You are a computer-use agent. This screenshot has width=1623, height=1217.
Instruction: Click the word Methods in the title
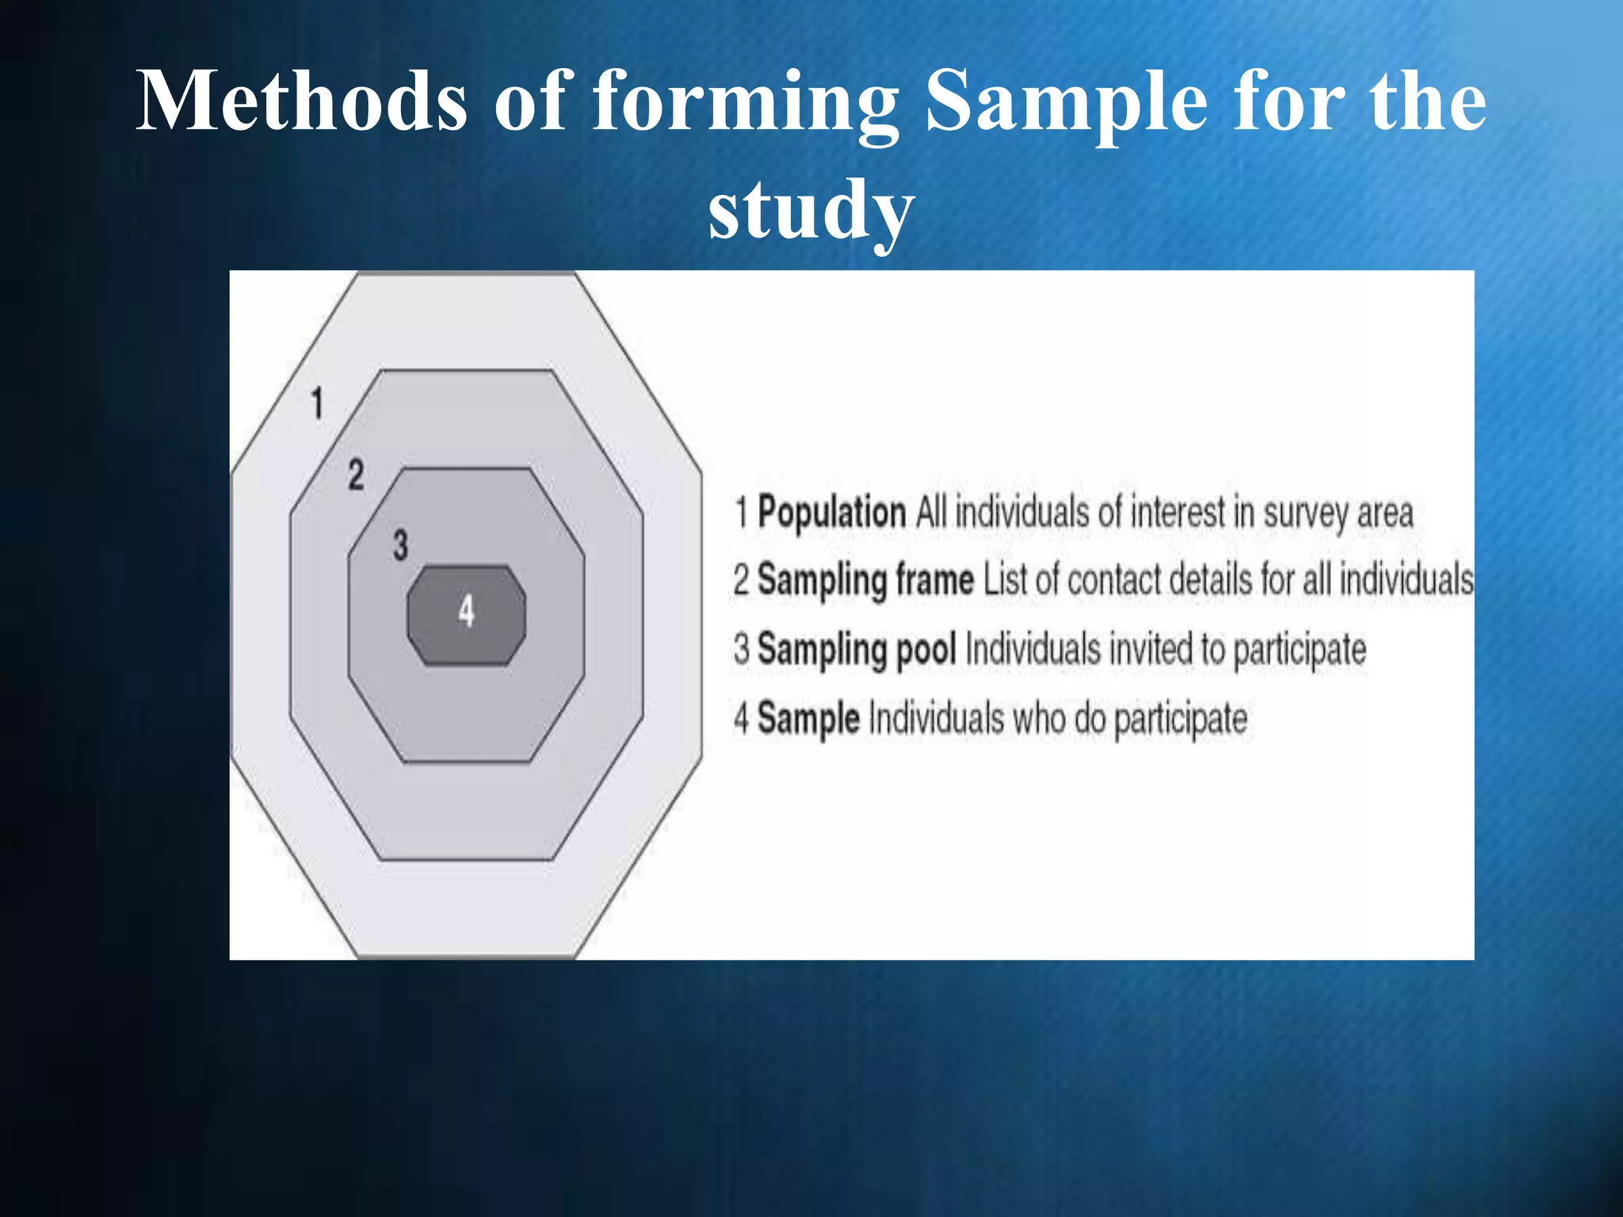point(302,101)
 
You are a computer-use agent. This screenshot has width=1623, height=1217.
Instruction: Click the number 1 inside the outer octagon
point(317,402)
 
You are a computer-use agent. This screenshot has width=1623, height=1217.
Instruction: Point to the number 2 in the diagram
point(356,475)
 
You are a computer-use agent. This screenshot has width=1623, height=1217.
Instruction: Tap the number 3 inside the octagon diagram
point(400,545)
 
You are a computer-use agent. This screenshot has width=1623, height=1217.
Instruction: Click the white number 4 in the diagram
point(466,612)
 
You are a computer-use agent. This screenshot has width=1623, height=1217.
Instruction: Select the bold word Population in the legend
point(831,512)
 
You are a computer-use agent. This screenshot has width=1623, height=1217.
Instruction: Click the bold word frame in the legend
point(934,579)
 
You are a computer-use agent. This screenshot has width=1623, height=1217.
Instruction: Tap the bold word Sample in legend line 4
point(808,718)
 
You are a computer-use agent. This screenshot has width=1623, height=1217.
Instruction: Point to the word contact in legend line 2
point(1114,579)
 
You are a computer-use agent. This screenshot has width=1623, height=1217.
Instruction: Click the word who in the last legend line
point(1038,718)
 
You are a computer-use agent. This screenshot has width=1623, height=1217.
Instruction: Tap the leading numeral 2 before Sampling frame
point(741,579)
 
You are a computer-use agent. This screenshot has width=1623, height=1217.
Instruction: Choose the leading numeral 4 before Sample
point(741,718)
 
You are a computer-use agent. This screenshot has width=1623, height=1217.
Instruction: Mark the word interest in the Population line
point(1178,512)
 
